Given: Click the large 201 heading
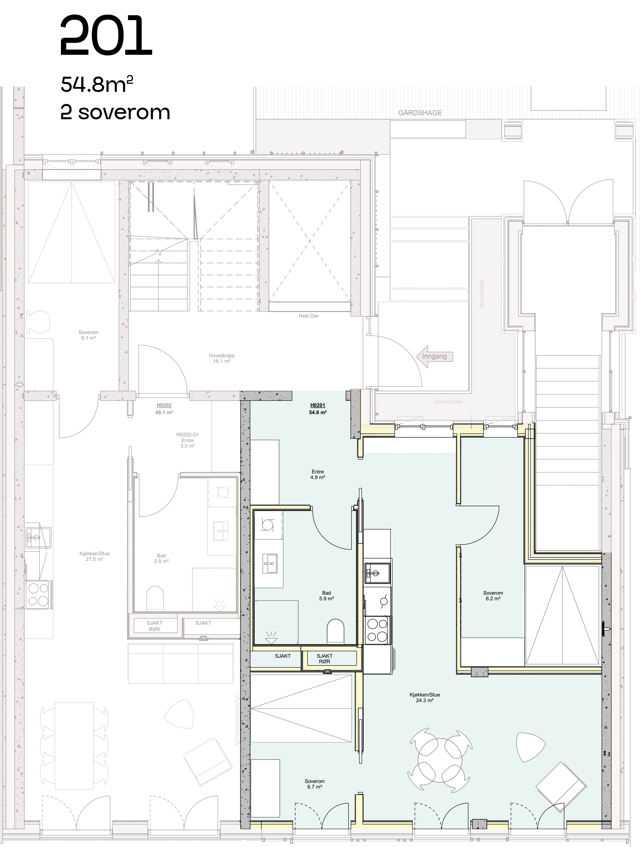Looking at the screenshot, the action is (x=106, y=36).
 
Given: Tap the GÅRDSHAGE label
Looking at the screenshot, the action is (x=420, y=113).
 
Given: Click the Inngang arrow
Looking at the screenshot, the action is (x=435, y=356).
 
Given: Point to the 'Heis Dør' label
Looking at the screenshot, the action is (x=309, y=316).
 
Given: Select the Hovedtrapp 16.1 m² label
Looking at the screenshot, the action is (x=222, y=358).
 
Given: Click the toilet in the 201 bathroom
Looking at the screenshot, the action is (x=335, y=631).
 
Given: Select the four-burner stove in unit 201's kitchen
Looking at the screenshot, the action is (x=378, y=630).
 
